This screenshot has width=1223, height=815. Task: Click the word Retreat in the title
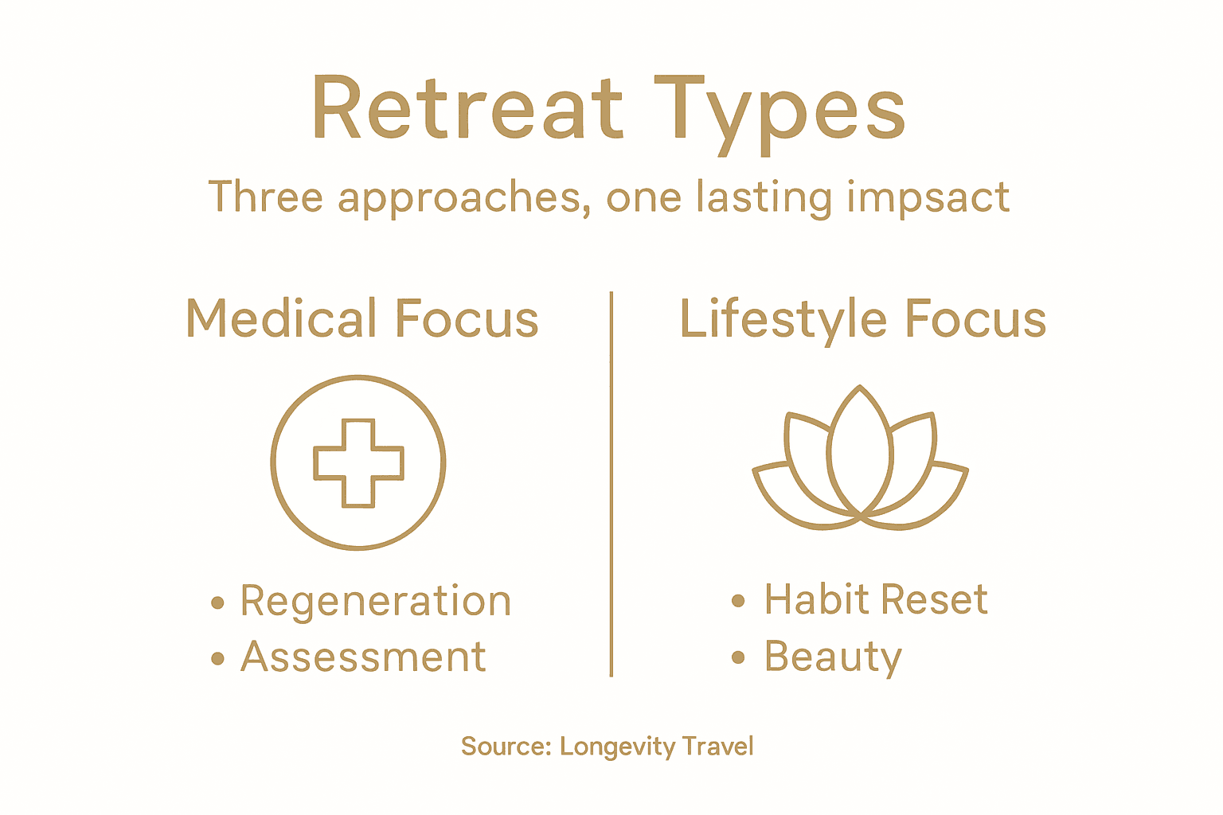(467, 110)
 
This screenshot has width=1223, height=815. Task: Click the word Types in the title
(780, 111)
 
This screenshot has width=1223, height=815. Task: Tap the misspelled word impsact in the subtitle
(928, 197)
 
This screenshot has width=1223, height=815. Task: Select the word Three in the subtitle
(265, 197)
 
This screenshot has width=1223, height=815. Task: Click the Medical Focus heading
(362, 319)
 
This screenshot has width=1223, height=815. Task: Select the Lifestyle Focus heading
(862, 319)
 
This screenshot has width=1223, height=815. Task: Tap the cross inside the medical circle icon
(358, 462)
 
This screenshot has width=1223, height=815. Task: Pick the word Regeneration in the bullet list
(375, 602)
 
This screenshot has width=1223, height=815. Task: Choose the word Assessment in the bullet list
(363, 657)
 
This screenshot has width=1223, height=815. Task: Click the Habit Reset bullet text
(876, 599)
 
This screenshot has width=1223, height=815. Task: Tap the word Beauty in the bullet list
(833, 658)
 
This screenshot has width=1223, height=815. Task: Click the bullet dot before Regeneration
(217, 602)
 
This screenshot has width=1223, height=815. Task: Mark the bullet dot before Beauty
(738, 657)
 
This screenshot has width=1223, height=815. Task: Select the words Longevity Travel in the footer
(656, 747)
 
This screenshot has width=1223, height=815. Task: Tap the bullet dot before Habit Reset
(738, 601)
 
